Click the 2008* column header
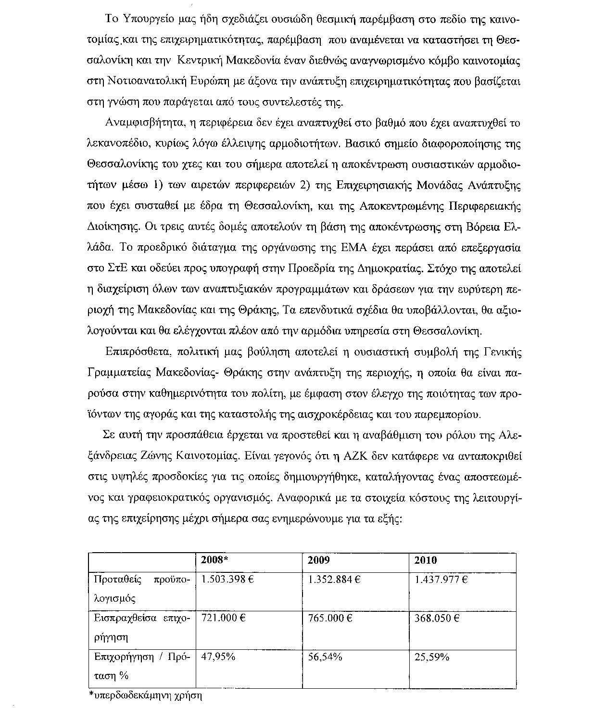point(214,560)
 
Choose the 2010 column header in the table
point(426,560)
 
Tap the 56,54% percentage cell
point(325,657)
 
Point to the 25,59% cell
point(432,657)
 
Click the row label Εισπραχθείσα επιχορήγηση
point(142,628)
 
